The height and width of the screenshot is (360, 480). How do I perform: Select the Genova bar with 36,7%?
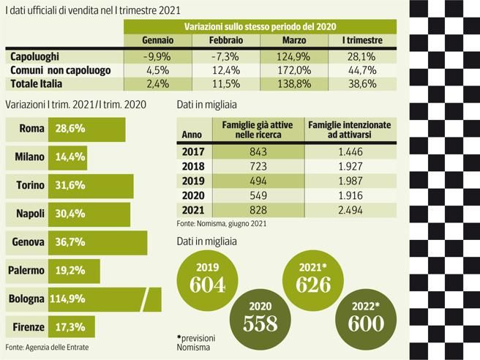tap(97, 242)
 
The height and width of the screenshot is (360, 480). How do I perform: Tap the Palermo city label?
tap(26, 271)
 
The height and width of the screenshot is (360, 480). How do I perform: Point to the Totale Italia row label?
tap(37, 84)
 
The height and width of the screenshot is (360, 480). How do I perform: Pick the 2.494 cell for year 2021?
tap(349, 210)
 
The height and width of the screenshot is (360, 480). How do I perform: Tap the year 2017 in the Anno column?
tap(192, 151)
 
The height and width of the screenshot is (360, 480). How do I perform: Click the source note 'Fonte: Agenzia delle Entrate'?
tap(47, 347)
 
